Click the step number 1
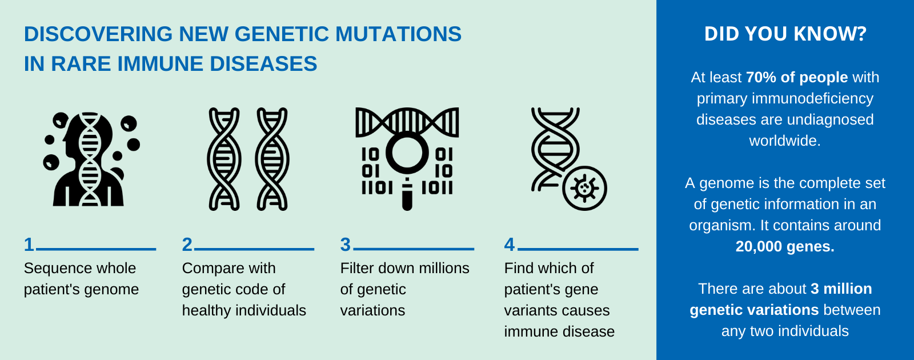(29, 245)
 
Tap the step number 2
(187, 245)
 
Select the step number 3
(345, 245)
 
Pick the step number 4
(510, 245)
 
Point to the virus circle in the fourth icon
(584, 188)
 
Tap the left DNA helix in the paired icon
(224, 159)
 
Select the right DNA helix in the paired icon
(272, 159)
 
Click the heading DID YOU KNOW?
(785, 34)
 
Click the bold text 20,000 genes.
(785, 246)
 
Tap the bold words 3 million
(841, 289)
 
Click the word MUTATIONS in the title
(398, 34)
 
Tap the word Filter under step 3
(356, 268)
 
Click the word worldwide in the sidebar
(784, 141)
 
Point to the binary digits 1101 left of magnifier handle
(377, 187)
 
